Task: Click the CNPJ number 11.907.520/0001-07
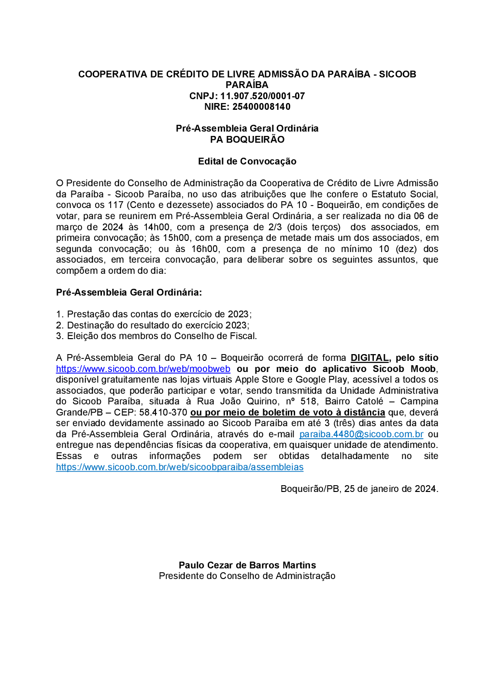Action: [x=262, y=96]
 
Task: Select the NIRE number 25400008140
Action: [x=261, y=107]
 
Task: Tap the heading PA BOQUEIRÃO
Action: [x=247, y=139]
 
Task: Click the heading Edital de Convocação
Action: [x=247, y=161]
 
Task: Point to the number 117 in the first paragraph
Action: [x=115, y=205]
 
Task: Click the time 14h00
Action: [x=156, y=227]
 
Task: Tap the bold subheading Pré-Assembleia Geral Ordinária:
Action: [x=129, y=292]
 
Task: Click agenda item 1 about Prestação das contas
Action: [x=154, y=314]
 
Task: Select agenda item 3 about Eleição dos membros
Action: [x=156, y=336]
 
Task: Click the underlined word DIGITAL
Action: [x=369, y=358]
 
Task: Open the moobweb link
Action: [x=143, y=369]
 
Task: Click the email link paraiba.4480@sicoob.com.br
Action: [x=361, y=434]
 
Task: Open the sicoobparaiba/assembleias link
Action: [x=180, y=467]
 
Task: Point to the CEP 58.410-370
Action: [x=163, y=413]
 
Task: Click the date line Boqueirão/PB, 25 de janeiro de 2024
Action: [x=359, y=489]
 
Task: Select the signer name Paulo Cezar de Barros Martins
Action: [x=247, y=565]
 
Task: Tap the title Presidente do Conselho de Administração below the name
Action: [x=247, y=576]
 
